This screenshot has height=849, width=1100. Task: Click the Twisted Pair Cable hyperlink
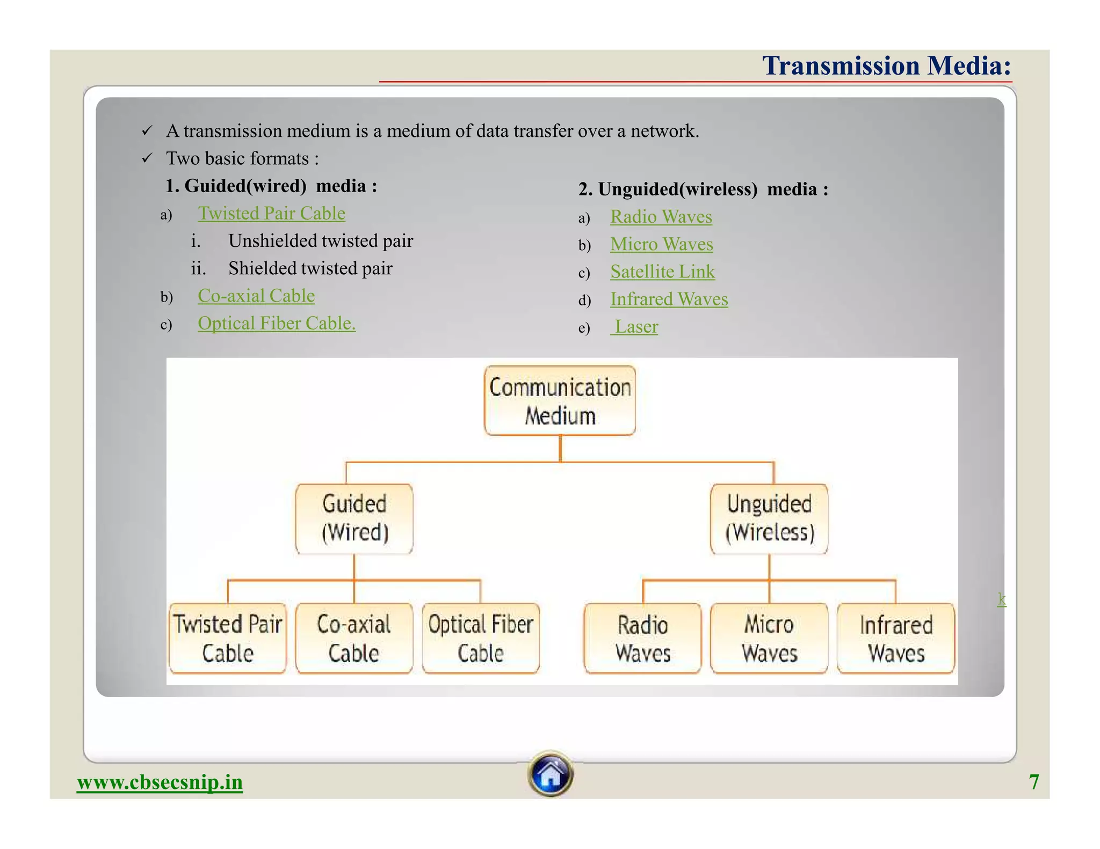271,214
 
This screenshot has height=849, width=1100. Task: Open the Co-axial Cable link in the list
256,296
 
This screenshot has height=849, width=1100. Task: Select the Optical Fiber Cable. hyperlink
276,324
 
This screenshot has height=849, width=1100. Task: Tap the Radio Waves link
661,217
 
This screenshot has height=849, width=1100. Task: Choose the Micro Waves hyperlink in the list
661,244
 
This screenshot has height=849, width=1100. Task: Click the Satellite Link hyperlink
662,272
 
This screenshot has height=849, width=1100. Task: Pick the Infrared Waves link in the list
669,299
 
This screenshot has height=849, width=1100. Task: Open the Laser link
635,327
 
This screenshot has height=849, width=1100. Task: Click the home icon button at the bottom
550,774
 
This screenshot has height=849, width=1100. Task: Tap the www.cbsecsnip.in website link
160,782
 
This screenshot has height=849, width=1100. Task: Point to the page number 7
1033,782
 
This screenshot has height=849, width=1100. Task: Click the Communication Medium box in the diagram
560,401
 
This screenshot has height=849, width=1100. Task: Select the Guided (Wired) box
354,518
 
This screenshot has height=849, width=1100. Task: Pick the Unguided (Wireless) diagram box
769,518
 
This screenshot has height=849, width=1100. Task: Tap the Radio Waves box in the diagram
642,638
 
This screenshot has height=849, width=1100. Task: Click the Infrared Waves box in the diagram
895,638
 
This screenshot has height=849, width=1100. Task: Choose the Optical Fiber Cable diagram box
480,638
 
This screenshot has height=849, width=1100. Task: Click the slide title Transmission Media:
886,66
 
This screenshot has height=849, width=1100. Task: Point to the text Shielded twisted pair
310,268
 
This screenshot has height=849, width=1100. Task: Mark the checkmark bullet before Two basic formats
147,158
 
